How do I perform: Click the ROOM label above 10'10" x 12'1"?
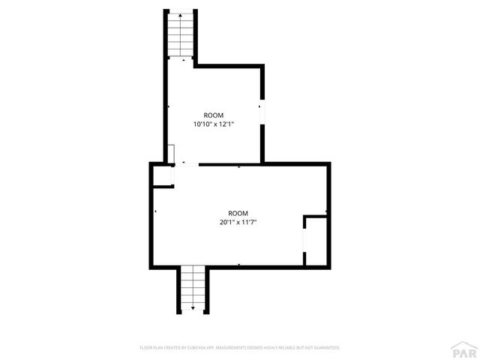coord(214,115)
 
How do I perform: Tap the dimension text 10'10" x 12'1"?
coord(214,124)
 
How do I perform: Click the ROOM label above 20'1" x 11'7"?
coord(238,212)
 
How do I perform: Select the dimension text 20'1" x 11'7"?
coord(238,222)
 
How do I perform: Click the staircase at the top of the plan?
coord(181,36)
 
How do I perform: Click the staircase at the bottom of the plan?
coord(193,289)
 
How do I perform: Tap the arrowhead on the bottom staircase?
coord(193,308)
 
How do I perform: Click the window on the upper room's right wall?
coord(262,109)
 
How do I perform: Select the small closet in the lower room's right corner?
coord(316,241)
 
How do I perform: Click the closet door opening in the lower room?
coord(304,241)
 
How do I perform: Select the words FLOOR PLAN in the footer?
coord(152,348)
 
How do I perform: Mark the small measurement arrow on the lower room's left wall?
coord(156,213)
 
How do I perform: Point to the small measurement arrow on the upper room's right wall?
coord(259,109)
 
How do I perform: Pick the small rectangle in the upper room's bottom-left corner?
coord(172,154)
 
